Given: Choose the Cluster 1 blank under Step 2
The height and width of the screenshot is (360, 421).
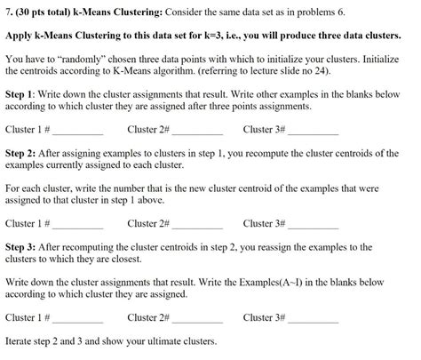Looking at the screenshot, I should coord(78,225).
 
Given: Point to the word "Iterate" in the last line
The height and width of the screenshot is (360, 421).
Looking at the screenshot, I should coord(21,342).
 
